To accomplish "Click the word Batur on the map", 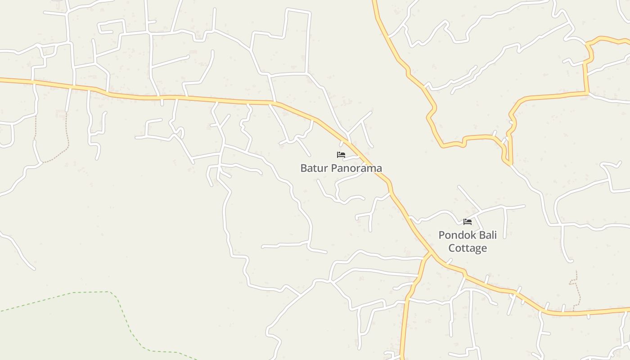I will tap(314, 168).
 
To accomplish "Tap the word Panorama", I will tap(356, 168).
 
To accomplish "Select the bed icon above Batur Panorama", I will tap(341, 155).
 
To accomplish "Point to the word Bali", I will tap(487, 235).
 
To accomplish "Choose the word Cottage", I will tap(468, 248).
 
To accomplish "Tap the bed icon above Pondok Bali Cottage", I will tap(468, 221).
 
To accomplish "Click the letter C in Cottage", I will tap(452, 248).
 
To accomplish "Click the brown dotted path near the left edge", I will tap(67, 135).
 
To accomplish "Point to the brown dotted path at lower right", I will tap(575, 288).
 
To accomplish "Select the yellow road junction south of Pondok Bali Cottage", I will tap(429, 254).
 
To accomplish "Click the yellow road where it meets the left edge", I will tap(2, 80).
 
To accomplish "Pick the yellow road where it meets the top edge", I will tap(374, 2).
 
